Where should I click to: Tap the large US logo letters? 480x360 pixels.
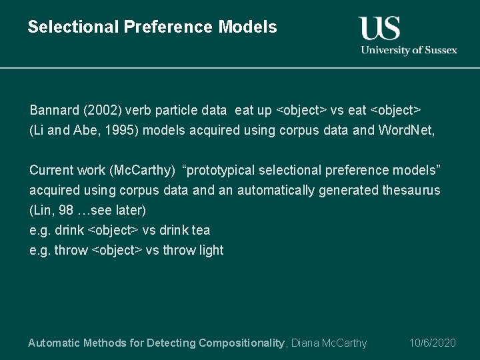379,28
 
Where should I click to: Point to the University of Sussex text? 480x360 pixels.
409,50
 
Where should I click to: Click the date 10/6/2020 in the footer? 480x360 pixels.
432,343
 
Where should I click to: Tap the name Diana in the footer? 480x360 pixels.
305,343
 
